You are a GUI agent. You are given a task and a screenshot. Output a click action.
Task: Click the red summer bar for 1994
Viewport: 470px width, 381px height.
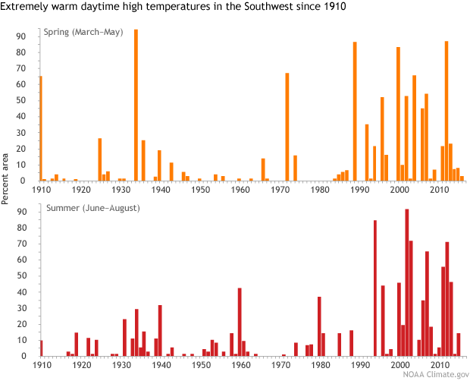click(374, 288)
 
